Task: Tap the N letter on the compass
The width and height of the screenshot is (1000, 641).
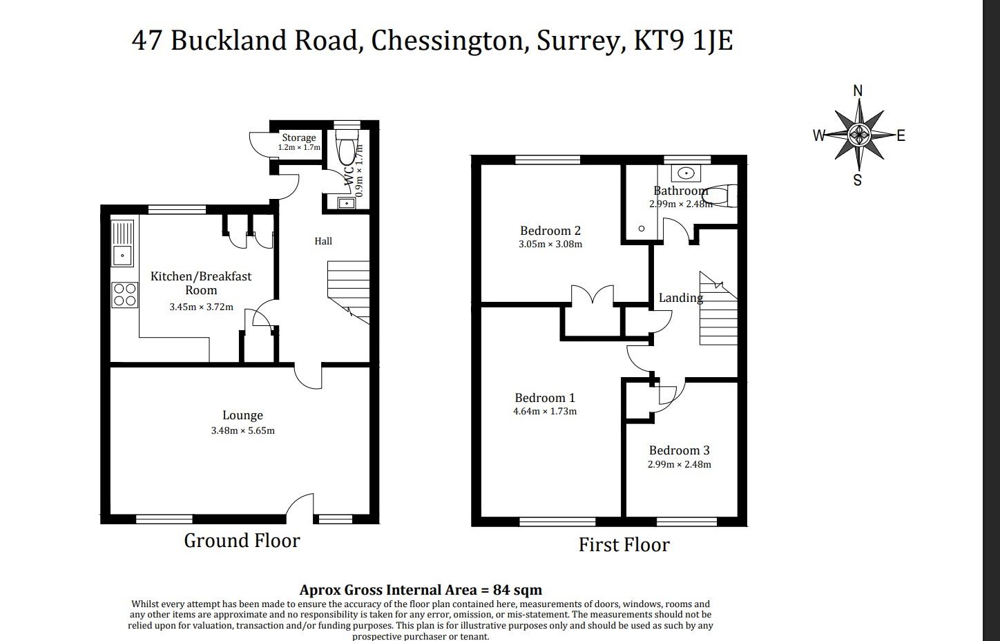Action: [858, 91]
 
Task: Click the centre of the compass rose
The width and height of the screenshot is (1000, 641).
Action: [858, 134]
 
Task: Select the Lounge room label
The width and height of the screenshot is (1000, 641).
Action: [242, 415]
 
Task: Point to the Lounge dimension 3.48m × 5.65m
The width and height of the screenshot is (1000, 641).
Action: [242, 430]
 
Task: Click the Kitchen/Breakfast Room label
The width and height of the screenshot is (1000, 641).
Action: [201, 283]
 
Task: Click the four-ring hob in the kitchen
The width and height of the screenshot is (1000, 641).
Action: [124, 294]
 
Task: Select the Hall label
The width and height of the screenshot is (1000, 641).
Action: [323, 241]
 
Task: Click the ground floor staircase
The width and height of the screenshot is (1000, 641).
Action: [349, 289]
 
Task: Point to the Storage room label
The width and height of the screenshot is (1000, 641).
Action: [298, 137]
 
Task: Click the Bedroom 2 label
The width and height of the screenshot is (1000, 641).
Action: [550, 231]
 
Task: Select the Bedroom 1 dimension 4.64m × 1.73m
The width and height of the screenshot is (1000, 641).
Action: [544, 411]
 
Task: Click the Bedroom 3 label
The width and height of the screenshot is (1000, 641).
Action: [679, 450]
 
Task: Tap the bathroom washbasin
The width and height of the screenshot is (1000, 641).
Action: [686, 173]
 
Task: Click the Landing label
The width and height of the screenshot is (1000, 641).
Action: [680, 298]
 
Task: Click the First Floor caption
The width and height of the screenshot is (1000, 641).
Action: [624, 545]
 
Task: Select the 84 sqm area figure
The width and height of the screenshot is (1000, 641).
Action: [517, 590]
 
